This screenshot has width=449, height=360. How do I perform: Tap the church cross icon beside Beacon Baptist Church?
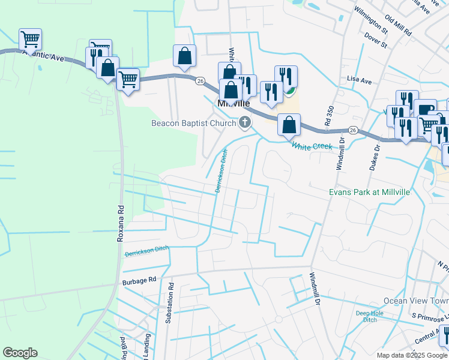click(244, 123)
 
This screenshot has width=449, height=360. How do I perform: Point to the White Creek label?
click(312, 146)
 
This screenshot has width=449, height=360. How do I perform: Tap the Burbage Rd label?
click(139, 280)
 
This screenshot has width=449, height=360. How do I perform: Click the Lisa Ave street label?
click(360, 79)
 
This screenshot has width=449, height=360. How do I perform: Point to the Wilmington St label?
click(370, 19)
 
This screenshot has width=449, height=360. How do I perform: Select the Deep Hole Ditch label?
click(369, 316)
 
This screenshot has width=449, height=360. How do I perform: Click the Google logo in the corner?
click(20, 353)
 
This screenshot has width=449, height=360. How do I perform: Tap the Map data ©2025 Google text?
click(412, 355)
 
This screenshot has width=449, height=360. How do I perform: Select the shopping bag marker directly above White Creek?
click(289, 125)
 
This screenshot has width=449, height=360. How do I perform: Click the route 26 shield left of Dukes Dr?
click(352, 130)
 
